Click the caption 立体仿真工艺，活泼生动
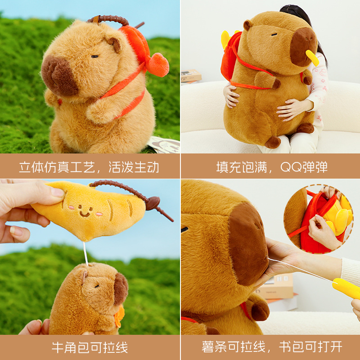89,167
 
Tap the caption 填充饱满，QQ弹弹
272,167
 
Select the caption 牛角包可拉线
90,347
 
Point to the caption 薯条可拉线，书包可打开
272,347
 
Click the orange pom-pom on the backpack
158,64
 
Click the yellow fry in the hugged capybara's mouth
312,58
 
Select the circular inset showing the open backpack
319,219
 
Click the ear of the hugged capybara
247,25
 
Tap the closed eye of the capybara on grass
95,56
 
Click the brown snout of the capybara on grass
59,76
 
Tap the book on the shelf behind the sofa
191,76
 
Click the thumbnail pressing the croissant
58,193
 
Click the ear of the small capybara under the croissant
84,274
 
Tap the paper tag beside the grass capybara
164,144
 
